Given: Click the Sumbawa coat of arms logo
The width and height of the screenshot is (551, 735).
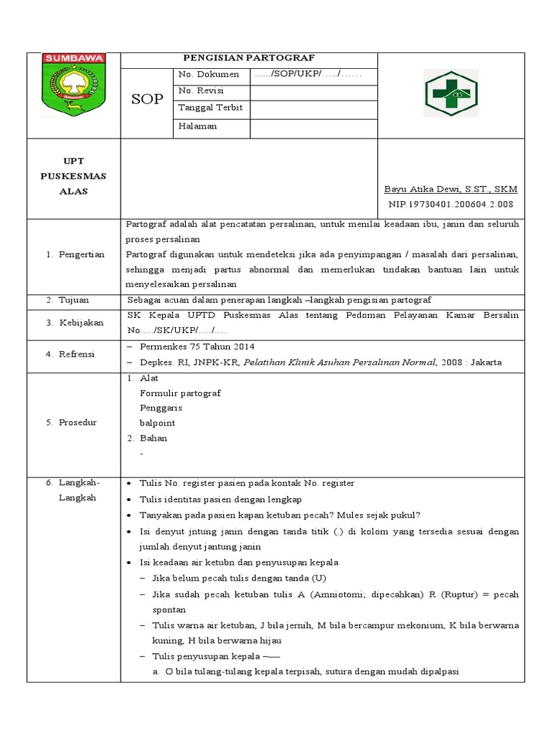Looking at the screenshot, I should (74, 85).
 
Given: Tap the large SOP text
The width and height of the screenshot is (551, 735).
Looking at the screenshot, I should (147, 99).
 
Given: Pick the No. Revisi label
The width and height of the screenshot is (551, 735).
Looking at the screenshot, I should (201, 91).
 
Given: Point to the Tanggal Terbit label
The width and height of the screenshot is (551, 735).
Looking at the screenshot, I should (209, 108).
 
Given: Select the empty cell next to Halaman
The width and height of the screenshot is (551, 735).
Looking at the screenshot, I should (313, 127).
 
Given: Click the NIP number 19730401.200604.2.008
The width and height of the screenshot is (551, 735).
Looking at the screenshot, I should (451, 205).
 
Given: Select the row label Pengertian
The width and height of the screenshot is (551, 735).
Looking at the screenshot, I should (80, 254).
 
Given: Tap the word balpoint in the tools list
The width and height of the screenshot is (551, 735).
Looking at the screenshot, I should (157, 423).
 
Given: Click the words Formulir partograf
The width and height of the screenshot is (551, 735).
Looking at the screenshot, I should (180, 393).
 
